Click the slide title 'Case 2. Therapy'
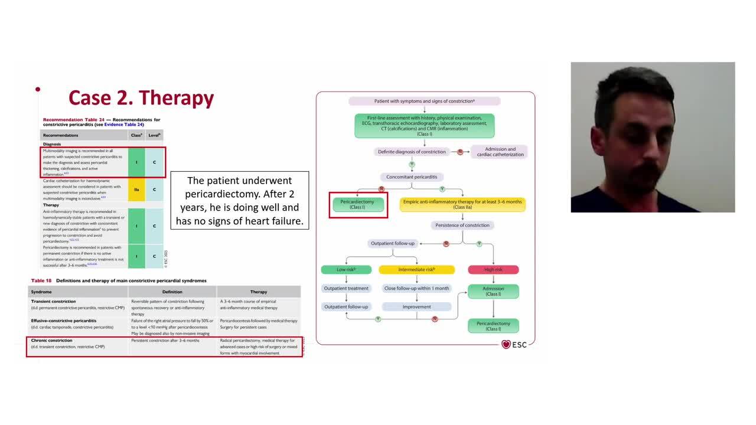point(141,97)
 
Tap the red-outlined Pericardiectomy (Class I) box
point(357,204)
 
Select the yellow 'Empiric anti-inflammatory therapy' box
point(463,204)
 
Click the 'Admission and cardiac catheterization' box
point(500,152)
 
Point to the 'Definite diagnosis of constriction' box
point(412,152)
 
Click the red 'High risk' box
point(493,270)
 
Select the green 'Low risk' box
point(346,270)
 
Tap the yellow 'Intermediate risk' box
point(416,270)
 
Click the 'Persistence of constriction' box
point(462,225)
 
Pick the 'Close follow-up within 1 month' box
point(416,289)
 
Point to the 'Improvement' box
point(416,307)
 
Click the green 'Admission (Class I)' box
point(493,292)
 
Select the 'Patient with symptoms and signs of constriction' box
point(424,101)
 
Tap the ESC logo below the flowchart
point(513,344)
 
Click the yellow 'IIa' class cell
point(136,189)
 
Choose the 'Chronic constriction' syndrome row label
point(52,341)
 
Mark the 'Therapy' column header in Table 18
point(258,292)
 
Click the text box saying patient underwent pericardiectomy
point(239,201)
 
